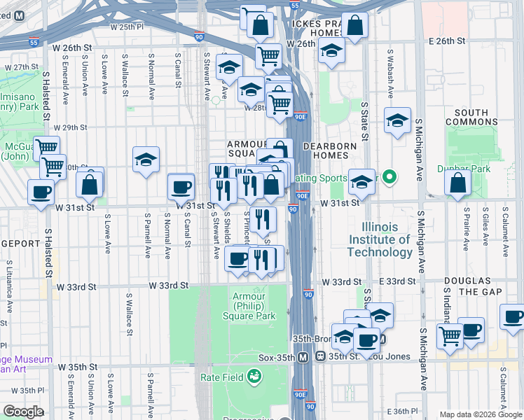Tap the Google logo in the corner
(x=22, y=412)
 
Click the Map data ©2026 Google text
(x=481, y=414)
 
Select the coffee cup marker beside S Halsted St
(x=41, y=191)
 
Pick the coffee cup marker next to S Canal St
(x=181, y=185)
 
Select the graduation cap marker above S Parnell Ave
(x=146, y=159)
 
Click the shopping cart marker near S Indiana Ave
(x=449, y=335)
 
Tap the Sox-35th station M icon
(x=303, y=357)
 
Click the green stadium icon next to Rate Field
(x=255, y=378)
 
